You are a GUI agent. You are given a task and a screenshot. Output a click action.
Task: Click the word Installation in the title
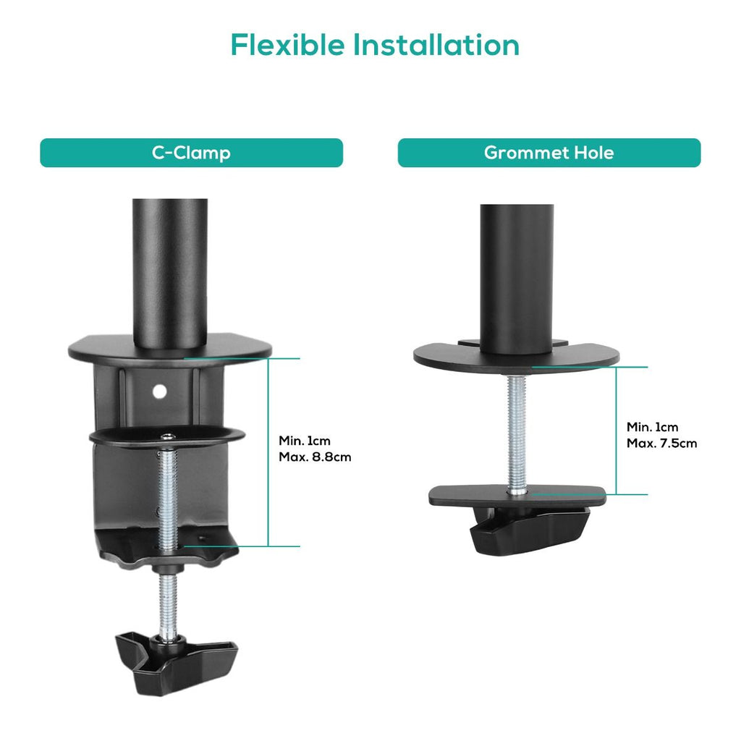click(436, 46)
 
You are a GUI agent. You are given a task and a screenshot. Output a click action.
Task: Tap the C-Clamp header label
click(191, 153)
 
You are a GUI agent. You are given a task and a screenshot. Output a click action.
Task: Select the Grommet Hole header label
click(549, 153)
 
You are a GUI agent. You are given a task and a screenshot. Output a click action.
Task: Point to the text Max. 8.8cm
click(315, 457)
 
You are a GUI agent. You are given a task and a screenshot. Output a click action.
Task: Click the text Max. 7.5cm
click(661, 444)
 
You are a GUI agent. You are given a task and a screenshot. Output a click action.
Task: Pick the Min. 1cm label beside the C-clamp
click(305, 441)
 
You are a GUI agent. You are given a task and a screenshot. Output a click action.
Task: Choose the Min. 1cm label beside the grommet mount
click(652, 427)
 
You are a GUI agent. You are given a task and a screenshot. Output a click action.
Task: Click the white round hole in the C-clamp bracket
click(160, 391)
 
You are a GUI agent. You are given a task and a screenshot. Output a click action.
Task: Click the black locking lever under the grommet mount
click(529, 529)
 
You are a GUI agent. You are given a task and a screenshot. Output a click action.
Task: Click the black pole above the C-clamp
click(169, 273)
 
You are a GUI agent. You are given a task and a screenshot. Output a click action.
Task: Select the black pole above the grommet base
click(517, 279)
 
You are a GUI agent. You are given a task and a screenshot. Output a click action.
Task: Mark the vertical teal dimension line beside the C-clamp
click(268, 452)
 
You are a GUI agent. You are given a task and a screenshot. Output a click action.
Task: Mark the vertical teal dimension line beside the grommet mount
click(616, 431)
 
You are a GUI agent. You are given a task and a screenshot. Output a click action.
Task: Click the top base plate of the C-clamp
click(170, 350)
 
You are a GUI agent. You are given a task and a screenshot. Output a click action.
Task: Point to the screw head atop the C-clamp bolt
click(168, 436)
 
